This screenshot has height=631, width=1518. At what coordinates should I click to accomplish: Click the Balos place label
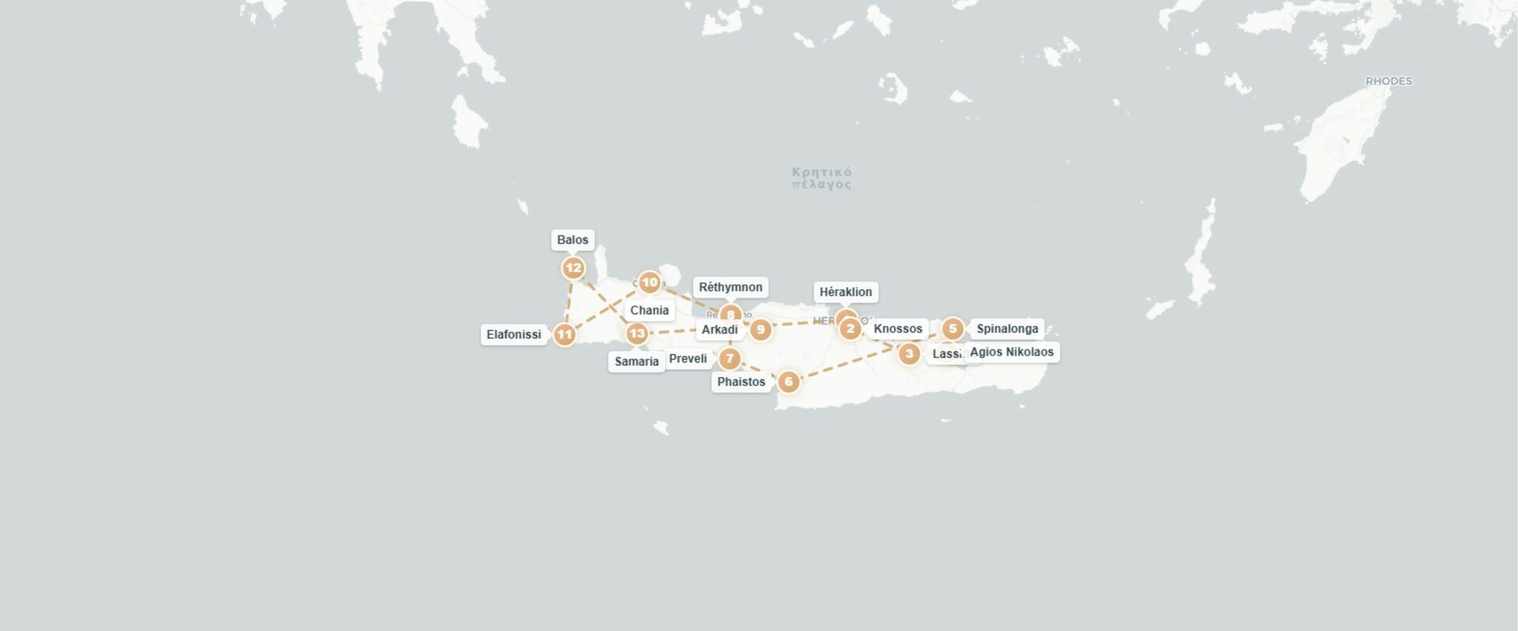coord(572,240)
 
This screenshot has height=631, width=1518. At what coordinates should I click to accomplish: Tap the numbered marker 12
coord(573,268)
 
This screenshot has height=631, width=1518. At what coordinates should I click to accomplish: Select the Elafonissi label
coord(514,334)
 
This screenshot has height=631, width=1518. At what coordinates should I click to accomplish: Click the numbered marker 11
coord(564,334)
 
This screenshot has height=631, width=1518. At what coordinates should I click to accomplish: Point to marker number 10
coord(649,282)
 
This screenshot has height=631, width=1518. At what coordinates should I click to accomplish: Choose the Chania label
coord(649,310)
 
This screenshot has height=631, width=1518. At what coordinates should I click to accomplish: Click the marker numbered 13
coord(636,333)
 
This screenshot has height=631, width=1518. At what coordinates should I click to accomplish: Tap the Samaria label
coord(636,361)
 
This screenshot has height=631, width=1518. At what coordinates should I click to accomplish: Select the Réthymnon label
coord(731,287)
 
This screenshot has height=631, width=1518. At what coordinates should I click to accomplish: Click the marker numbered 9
coord(761,330)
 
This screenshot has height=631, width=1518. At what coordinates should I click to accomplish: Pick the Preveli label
coord(688,359)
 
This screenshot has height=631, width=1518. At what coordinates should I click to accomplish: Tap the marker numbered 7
coord(730,359)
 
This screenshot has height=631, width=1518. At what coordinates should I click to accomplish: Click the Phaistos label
coord(741,382)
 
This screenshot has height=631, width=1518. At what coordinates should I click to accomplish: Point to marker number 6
coord(788,382)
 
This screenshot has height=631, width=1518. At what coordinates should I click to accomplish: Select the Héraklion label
coord(845,292)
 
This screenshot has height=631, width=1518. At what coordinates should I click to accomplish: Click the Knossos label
coord(897,329)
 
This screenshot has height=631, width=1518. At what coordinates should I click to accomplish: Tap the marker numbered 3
coord(909,353)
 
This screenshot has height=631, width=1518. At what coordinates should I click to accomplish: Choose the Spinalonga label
coord(1006,329)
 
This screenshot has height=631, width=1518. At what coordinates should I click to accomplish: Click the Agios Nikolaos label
coord(1011,352)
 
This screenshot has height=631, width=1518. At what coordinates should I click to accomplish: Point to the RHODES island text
coord(1388,81)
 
